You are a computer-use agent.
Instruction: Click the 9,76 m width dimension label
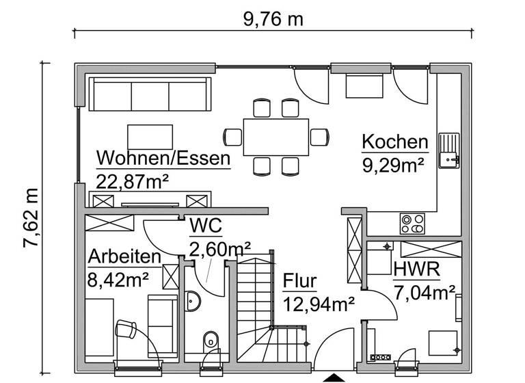273,18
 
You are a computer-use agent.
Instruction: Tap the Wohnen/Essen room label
163,159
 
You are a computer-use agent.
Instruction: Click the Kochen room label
394,142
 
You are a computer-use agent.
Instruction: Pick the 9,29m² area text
393,163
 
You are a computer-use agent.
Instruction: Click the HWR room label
416,269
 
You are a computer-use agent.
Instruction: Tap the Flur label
299,281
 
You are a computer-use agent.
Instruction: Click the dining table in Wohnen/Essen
275,137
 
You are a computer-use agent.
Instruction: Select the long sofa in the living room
150,94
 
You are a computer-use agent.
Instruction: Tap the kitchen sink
450,150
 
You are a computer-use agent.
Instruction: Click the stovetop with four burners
413,224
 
